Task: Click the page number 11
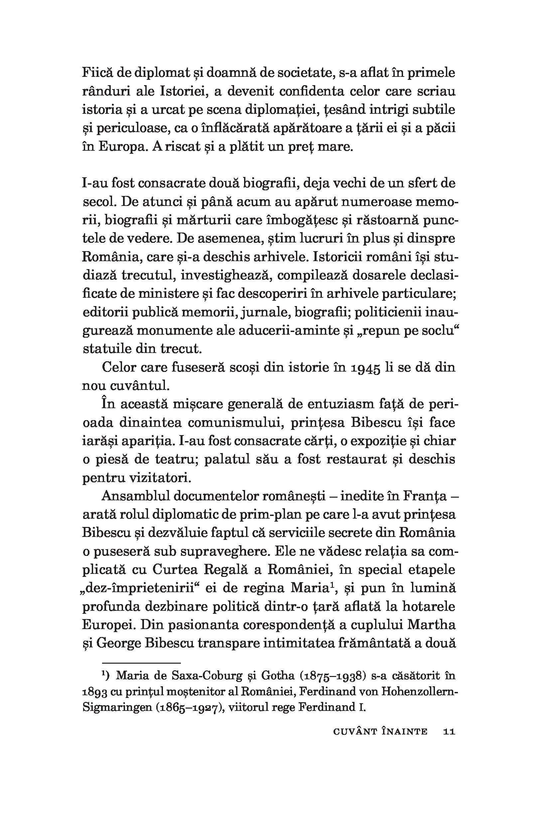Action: click(449, 732)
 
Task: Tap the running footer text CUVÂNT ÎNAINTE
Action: click(379, 732)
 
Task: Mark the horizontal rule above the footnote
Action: click(141, 663)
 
